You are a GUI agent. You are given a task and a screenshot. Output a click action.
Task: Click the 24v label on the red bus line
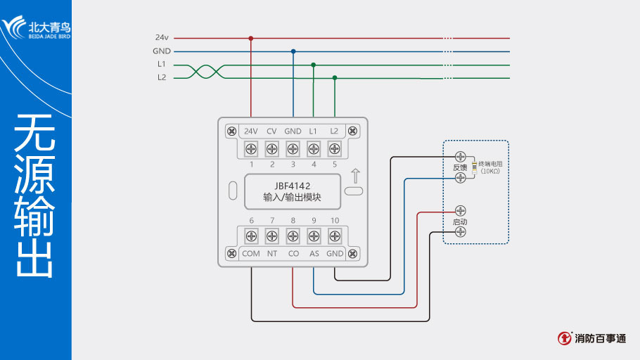point(161,37)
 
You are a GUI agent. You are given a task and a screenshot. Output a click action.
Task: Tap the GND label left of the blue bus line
point(161,51)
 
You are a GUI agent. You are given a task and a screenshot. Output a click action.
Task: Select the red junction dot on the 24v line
point(251,38)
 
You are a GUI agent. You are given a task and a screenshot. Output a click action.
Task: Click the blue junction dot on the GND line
point(293,51)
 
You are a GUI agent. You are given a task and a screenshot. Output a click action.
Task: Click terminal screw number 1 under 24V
point(251,149)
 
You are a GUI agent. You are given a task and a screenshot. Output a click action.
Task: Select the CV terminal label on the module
point(271,131)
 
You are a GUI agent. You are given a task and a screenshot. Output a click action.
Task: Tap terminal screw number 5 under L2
point(335,149)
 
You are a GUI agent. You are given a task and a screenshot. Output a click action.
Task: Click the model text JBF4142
point(293,186)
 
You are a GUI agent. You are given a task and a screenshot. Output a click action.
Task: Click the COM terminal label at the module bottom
point(251,253)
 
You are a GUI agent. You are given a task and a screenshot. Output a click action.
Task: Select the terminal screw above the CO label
point(293,236)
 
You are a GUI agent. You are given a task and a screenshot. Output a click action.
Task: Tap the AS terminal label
point(314,253)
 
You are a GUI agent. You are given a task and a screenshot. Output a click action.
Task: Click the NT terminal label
point(271,253)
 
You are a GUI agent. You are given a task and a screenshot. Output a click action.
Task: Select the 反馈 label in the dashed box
point(460,167)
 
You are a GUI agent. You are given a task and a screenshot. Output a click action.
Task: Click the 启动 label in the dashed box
point(460,221)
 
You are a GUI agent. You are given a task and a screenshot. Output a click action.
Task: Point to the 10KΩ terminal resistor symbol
point(475,167)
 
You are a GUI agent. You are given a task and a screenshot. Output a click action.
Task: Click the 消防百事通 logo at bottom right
point(592,338)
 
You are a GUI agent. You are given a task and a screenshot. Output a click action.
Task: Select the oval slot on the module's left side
point(233,191)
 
